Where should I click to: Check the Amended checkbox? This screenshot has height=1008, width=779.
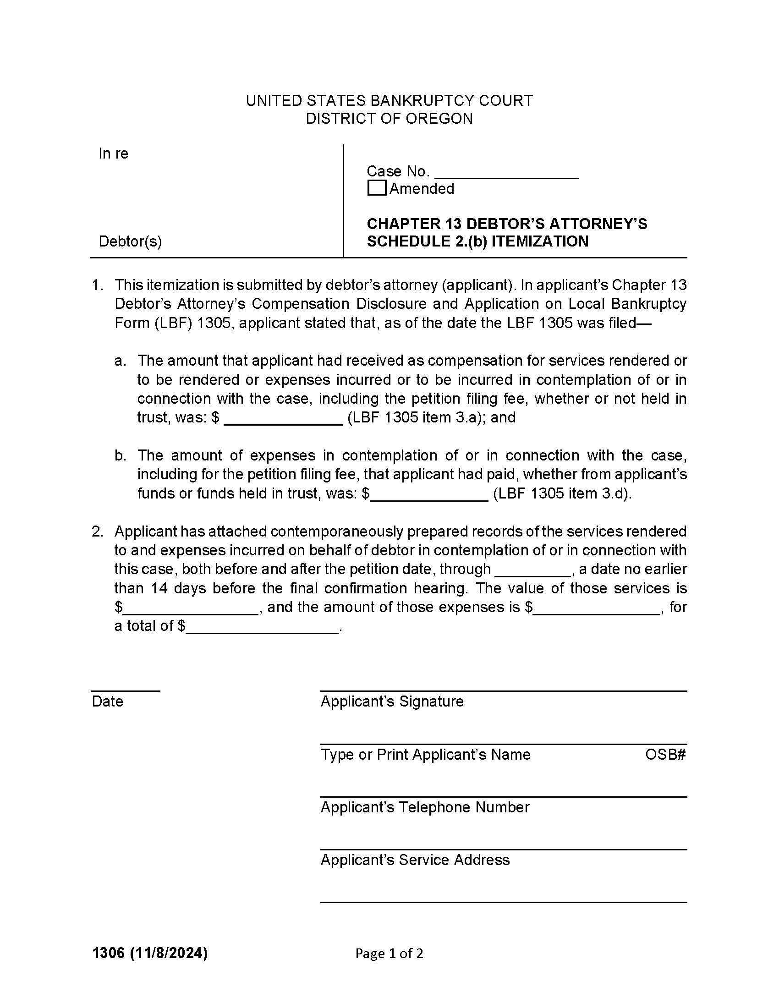(377, 188)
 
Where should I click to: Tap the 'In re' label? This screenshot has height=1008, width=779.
(113, 153)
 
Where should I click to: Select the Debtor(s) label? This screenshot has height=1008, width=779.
(130, 241)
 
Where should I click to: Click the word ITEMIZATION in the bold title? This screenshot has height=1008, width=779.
(539, 241)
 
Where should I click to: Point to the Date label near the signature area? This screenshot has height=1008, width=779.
(108, 701)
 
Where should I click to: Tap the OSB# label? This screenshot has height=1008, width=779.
(665, 754)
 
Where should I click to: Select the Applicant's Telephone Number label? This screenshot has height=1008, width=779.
(425, 807)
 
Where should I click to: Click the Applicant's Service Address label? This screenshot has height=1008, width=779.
(415, 860)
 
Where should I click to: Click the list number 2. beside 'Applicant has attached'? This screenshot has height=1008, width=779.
(97, 531)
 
